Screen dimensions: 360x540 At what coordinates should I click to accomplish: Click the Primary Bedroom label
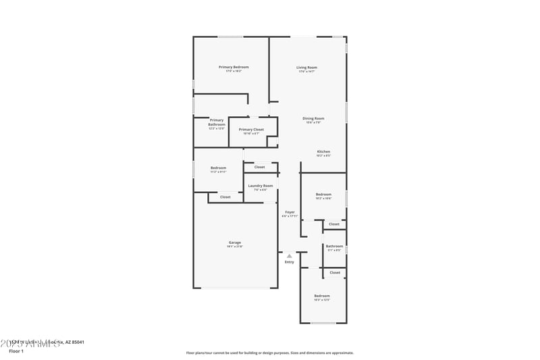pos(234,67)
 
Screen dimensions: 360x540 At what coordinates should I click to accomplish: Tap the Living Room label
pos(307,68)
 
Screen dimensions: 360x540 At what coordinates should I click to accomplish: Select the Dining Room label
pos(313,119)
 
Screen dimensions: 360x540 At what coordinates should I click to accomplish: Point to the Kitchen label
pos(324,152)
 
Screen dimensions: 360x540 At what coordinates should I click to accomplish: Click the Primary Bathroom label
pos(217,122)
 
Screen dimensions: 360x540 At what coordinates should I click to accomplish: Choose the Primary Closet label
pos(251,129)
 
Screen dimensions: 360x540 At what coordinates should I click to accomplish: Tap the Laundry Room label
pos(261,186)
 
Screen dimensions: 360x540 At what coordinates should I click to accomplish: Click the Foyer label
pos(290,212)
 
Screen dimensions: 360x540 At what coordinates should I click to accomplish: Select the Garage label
pos(235,242)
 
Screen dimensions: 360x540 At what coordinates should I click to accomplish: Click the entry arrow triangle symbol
pos(289,256)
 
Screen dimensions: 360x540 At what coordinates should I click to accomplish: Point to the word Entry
pos(289,262)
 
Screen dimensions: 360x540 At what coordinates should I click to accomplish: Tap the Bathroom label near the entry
pos(334,247)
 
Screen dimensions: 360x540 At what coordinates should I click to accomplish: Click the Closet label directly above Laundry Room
pos(260,167)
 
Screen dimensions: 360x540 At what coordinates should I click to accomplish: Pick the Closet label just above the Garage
pos(225,197)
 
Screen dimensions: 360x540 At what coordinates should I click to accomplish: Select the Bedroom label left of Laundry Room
pos(218,168)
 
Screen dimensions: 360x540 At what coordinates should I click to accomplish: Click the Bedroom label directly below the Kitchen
pos(323,195)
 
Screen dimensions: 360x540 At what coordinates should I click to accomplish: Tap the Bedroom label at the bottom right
pos(322,296)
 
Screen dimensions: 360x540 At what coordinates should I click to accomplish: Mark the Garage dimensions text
pos(235,247)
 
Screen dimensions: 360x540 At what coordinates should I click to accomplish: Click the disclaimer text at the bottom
pos(269,353)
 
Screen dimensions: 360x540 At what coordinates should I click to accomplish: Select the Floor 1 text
pos(16,351)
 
